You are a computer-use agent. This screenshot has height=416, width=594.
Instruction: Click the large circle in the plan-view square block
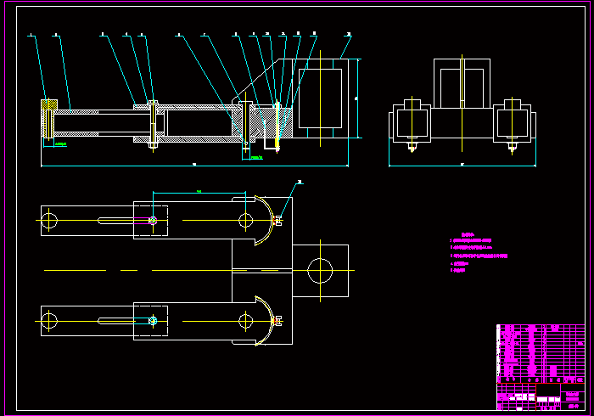point(320,271)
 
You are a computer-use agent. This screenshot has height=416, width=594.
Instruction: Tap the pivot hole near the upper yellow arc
point(246,221)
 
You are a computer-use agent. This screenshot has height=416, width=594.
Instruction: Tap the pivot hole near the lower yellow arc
point(246,321)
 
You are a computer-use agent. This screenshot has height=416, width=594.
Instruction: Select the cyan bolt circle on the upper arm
point(153,221)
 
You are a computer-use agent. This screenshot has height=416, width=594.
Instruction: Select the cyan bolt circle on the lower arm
point(153,321)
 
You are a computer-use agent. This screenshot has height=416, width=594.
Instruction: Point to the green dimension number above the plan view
point(199,192)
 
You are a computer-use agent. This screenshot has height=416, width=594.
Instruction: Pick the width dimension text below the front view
point(462,163)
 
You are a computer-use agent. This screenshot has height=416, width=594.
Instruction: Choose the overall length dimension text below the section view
point(194,163)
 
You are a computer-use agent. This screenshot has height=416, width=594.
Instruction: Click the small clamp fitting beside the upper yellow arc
point(278,221)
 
